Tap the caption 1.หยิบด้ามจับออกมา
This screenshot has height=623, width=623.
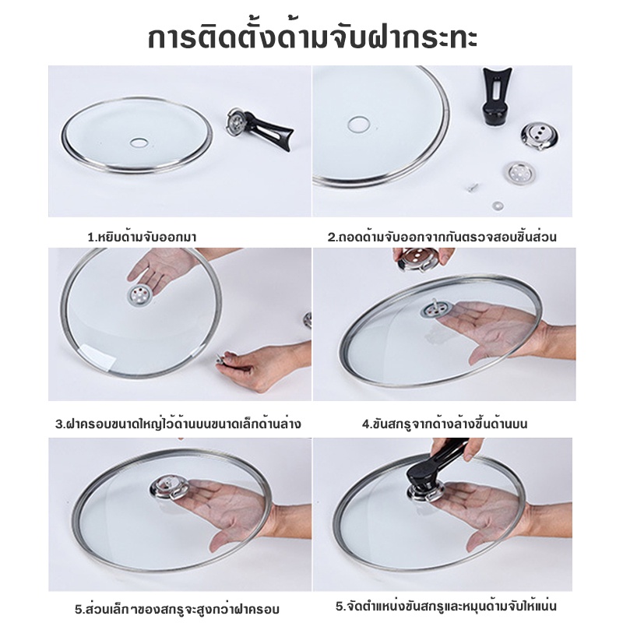[142, 238]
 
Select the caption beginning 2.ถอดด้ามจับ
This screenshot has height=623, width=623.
[442, 237]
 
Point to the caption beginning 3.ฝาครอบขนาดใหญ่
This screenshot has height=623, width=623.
[178, 424]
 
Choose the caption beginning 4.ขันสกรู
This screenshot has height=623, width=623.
[445, 424]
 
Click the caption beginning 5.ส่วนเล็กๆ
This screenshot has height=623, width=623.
[177, 609]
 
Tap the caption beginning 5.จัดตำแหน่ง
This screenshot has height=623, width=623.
[445, 607]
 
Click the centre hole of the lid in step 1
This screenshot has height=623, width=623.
[139, 142]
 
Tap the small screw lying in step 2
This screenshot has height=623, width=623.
[473, 187]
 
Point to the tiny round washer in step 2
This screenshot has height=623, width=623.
[497, 206]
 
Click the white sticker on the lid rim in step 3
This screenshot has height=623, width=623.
[98, 357]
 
